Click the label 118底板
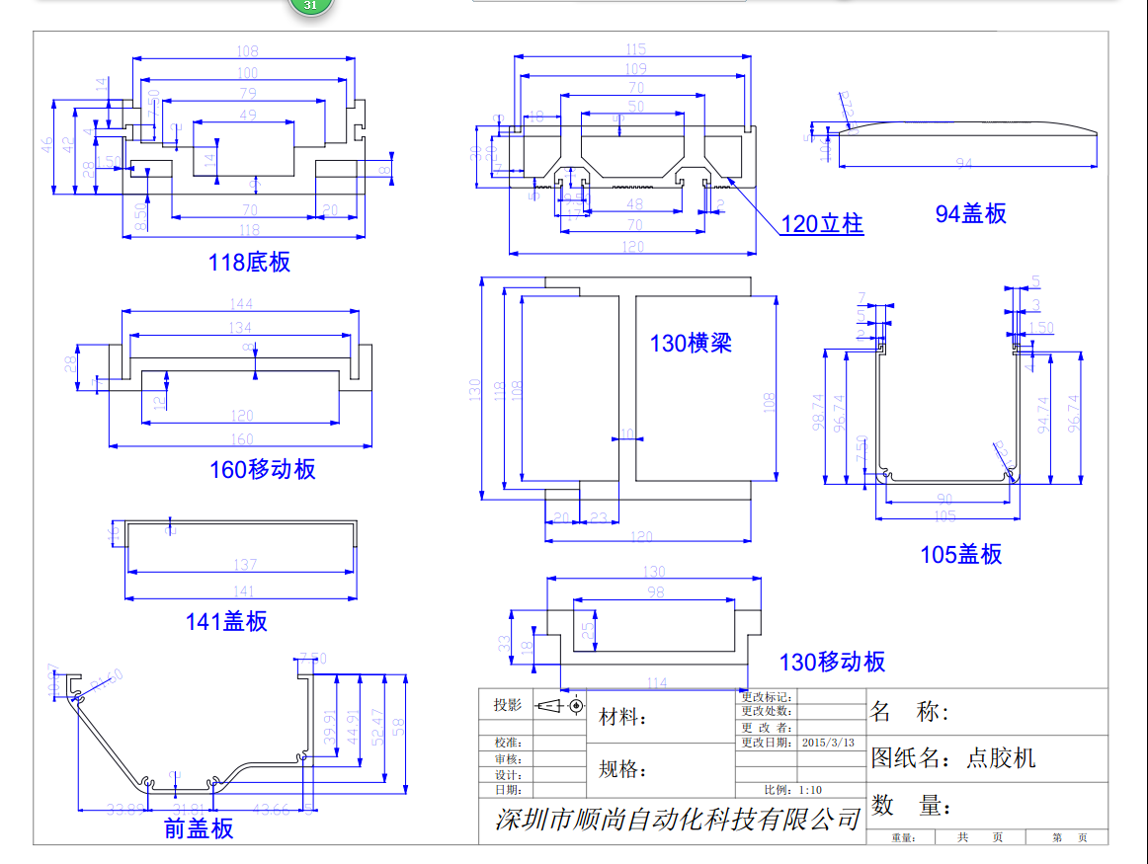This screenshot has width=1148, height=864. pyautogui.click(x=249, y=263)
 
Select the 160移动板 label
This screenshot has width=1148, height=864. pyautogui.click(x=262, y=469)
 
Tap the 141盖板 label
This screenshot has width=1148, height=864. pyautogui.click(x=226, y=621)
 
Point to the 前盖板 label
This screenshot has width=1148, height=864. pyautogui.click(x=199, y=828)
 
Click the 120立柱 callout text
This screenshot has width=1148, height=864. pyautogui.click(x=822, y=224)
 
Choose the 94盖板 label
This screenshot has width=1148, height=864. pyautogui.click(x=970, y=213)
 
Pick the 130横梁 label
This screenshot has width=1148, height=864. pyautogui.click(x=691, y=344)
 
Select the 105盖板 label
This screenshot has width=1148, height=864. pyautogui.click(x=960, y=555)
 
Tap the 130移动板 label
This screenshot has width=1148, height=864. pyautogui.click(x=832, y=662)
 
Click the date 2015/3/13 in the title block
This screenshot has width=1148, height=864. pyautogui.click(x=828, y=743)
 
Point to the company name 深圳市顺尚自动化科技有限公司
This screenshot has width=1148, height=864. pyautogui.click(x=677, y=819)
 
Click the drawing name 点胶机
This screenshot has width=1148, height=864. pyautogui.click(x=1001, y=758)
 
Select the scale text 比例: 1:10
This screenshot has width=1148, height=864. pyautogui.click(x=792, y=790)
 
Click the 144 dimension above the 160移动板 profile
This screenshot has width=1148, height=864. pyautogui.click(x=241, y=303)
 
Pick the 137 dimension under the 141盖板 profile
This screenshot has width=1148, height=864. pyautogui.click(x=244, y=565)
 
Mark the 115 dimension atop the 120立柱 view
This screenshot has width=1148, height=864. pyautogui.click(x=635, y=49)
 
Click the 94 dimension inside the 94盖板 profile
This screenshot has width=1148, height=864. pyautogui.click(x=964, y=163)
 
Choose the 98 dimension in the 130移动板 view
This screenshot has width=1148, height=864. pyautogui.click(x=655, y=591)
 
